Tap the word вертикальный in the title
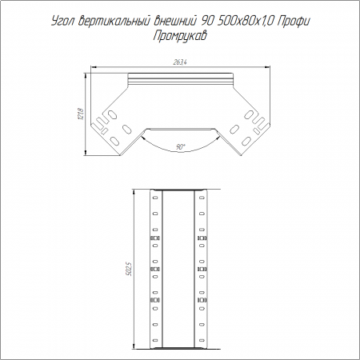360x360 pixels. pos(114,21)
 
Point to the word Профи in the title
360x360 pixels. pos(294,22)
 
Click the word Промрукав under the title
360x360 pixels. pos(180,36)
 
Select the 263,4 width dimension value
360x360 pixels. pos(180,62)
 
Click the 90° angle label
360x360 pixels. pos(181,146)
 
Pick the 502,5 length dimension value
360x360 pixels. pos(130,269)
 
